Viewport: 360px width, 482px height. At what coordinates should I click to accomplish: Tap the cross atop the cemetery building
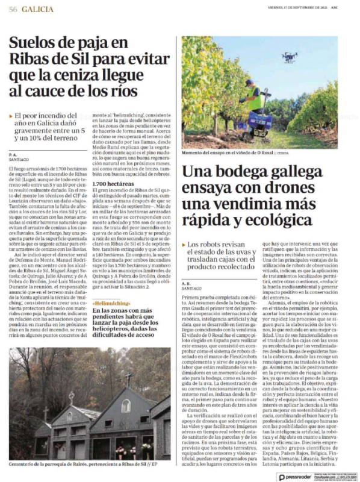click(128, 378)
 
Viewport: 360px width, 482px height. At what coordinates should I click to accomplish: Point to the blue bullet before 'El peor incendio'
click(11, 115)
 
